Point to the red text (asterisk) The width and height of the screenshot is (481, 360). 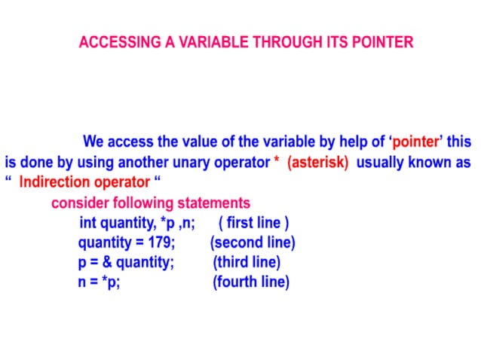click(x=317, y=163)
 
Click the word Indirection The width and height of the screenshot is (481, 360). click(x=57, y=183)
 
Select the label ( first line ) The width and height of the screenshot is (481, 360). click(x=253, y=223)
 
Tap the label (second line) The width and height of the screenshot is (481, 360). click(x=253, y=243)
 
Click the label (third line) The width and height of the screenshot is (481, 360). click(x=247, y=262)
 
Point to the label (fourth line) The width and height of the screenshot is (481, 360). click(x=250, y=282)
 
